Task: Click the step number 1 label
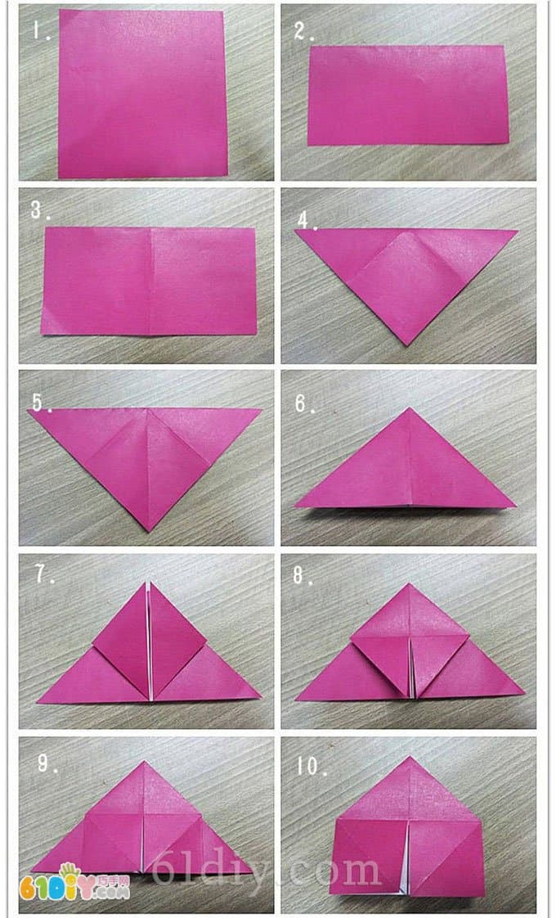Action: (x=41, y=30)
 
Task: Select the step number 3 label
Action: (x=40, y=210)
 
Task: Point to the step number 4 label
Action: (x=307, y=222)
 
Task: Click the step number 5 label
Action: (x=42, y=403)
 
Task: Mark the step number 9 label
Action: (x=47, y=763)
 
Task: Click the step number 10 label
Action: (x=310, y=766)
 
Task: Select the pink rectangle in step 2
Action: (x=408, y=95)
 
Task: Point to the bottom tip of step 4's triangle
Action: (x=408, y=344)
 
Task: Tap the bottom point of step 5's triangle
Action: (x=150, y=531)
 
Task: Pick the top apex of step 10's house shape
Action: (x=410, y=757)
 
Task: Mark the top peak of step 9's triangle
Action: (x=144, y=761)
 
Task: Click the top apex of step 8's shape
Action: (x=410, y=583)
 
